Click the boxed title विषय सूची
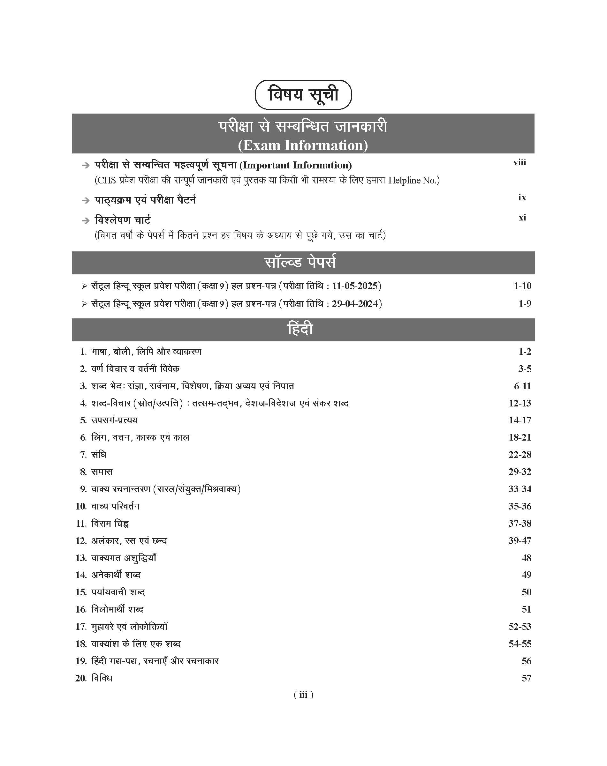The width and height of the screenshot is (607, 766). (303, 95)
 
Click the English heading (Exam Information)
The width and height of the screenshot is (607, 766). (303, 145)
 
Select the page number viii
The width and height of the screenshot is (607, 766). (519, 163)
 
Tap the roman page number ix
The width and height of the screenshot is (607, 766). (522, 197)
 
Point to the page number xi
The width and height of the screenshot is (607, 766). (522, 218)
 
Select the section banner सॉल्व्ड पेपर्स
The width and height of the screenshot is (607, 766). (300, 263)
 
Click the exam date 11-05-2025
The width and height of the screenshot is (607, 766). (354, 286)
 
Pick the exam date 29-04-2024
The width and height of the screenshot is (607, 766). (355, 304)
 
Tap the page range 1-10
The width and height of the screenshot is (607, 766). (522, 286)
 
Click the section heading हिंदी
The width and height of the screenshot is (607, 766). (300, 329)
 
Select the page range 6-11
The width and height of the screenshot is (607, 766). (522, 386)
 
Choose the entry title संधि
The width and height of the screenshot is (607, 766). (99, 455)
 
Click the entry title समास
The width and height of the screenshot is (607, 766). (102, 472)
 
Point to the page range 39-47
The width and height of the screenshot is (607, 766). (520, 541)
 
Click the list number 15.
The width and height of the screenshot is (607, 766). (81, 592)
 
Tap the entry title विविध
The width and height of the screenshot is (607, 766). (102, 678)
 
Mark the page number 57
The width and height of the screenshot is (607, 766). (526, 678)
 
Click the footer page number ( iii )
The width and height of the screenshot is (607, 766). (303, 695)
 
